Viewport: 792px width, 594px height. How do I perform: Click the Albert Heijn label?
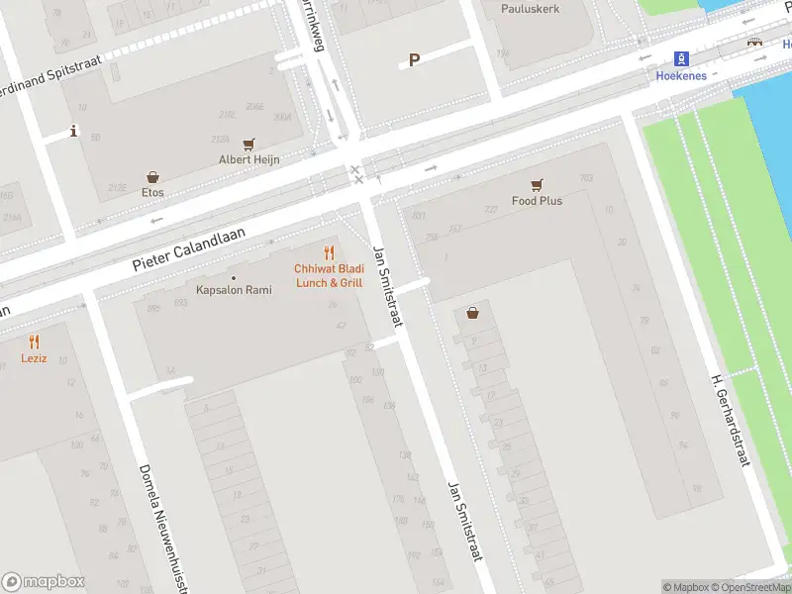pyautogui.click(x=248, y=159)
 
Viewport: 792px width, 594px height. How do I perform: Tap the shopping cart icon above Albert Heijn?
pyautogui.click(x=248, y=144)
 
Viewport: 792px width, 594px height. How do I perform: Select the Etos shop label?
pyautogui.click(x=152, y=192)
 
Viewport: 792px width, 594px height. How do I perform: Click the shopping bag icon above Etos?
pyautogui.click(x=152, y=176)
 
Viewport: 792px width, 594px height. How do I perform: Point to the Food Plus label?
pyautogui.click(x=537, y=201)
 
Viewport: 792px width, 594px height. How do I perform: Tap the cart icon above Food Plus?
pyautogui.click(x=537, y=184)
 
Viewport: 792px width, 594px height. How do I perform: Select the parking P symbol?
pyautogui.click(x=415, y=59)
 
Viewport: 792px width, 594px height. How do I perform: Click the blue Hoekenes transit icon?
pyautogui.click(x=681, y=58)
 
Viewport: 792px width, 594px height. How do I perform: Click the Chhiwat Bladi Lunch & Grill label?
pyautogui.click(x=329, y=275)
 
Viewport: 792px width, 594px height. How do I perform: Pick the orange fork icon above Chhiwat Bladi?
pyautogui.click(x=329, y=252)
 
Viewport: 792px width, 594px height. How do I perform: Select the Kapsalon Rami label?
pyautogui.click(x=234, y=290)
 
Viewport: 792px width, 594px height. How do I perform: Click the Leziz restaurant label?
pyautogui.click(x=34, y=357)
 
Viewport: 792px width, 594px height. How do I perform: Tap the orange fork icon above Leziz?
pyautogui.click(x=34, y=341)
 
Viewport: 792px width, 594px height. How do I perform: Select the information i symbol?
pyautogui.click(x=73, y=131)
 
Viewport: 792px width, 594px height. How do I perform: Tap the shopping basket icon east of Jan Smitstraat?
pyautogui.click(x=473, y=313)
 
